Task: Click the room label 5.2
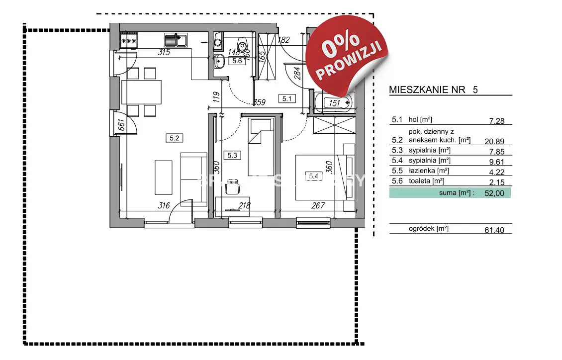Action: pos(174,138)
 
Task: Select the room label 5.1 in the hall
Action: pos(287,98)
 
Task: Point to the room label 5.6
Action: pos(237,61)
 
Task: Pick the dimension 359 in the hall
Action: pos(259,103)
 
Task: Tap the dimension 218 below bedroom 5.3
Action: pos(244,205)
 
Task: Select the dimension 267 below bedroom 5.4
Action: pos(318,205)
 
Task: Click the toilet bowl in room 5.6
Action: pos(243,46)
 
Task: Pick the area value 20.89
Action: pos(498,141)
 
